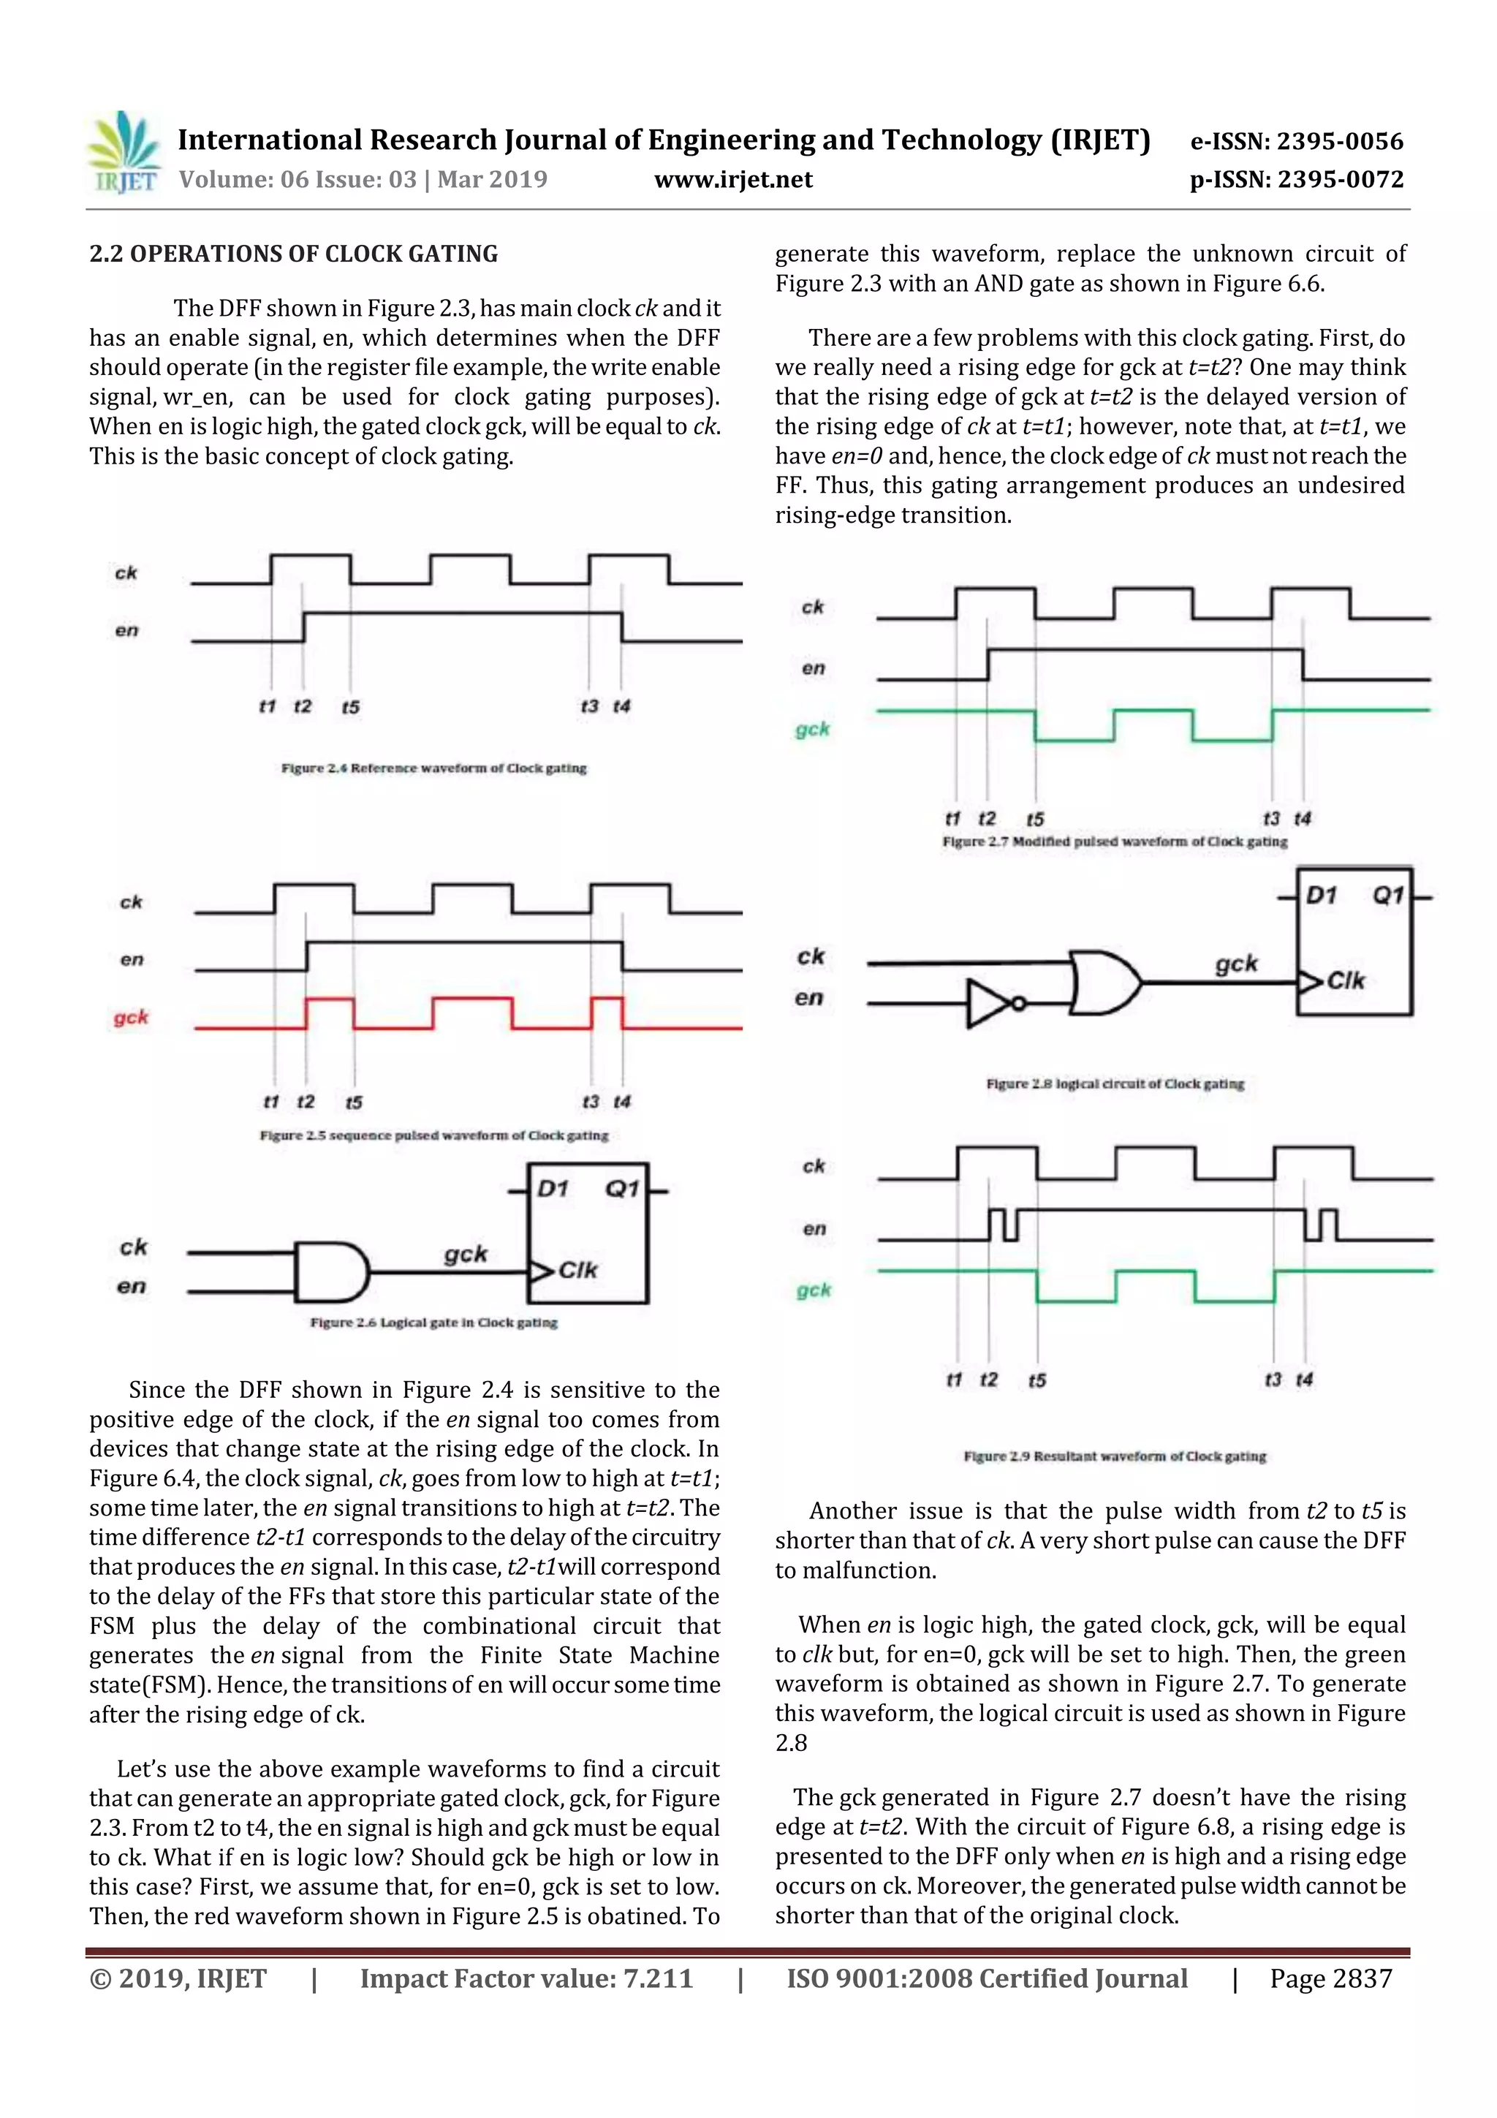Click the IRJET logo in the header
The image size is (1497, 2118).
click(124, 153)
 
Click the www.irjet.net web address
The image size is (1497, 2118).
click(733, 180)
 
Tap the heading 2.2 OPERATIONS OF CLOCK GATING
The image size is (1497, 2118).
click(293, 254)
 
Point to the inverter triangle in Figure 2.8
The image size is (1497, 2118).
click(989, 1004)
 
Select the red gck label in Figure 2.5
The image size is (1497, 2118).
click(131, 1018)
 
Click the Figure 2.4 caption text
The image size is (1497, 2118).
click(433, 768)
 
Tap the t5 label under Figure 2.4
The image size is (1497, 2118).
click(351, 708)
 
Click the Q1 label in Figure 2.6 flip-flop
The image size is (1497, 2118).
click(621, 1189)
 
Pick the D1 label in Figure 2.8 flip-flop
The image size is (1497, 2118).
click(1321, 895)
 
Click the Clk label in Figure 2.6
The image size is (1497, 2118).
click(577, 1270)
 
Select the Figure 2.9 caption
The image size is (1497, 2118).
click(1114, 1456)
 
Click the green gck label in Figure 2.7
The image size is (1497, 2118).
click(813, 730)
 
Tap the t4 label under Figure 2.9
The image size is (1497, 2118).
click(1304, 1380)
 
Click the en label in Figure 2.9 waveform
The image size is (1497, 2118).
click(814, 1229)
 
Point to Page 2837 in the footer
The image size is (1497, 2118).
click(1330, 1978)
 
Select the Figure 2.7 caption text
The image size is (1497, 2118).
click(1114, 841)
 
